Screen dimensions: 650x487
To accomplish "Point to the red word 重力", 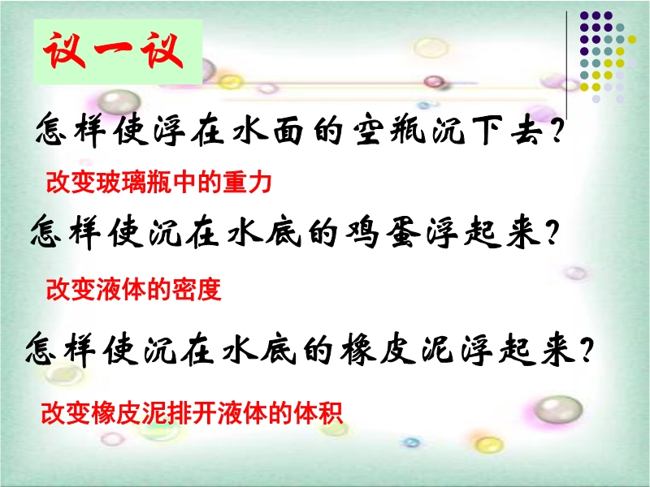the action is coord(248,182).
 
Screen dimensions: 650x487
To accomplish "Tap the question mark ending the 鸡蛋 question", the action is coord(552,232).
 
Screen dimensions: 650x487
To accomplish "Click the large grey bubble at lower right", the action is coord(558,409).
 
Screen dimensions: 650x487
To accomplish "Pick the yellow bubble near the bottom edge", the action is coord(489,444).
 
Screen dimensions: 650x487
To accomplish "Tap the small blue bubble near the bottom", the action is coord(411,442).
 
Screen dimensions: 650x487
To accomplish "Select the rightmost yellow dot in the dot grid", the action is coord(632,39).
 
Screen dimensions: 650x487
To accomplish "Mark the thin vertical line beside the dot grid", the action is coord(566,65).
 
